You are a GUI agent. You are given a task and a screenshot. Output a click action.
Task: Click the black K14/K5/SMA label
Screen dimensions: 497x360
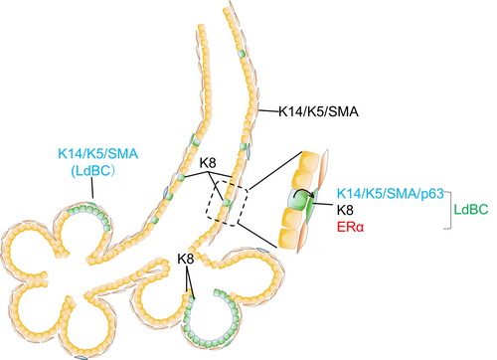pos(318,111)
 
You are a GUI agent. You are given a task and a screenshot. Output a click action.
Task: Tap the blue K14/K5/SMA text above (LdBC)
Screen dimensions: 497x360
pos(97,154)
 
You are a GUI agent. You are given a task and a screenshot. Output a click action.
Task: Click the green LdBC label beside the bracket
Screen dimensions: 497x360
pos(471,210)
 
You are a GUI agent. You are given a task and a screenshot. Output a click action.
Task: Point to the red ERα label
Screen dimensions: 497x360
pos(350,228)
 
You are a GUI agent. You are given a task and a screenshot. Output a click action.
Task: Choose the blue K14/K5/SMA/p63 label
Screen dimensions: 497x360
pos(391,193)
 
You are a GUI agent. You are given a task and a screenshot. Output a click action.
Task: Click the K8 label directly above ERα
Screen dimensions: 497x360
pos(345,210)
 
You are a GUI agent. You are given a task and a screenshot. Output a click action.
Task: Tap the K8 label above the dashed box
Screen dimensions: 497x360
pos(208,163)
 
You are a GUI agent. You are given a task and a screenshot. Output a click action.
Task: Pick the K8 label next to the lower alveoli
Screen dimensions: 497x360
pos(186,259)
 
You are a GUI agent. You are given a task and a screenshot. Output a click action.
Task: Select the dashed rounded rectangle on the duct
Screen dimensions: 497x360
pos(227,203)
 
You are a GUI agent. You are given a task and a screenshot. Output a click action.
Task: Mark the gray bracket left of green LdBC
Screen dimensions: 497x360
pos(448,210)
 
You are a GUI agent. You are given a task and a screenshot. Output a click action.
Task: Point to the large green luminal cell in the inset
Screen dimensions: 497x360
pos(299,199)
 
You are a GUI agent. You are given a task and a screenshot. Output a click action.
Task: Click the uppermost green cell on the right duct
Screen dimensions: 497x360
pos(242,53)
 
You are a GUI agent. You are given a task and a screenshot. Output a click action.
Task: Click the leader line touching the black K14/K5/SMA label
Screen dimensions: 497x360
pos(268,112)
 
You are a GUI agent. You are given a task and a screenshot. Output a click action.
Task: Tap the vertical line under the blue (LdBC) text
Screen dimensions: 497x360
pos(92,189)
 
